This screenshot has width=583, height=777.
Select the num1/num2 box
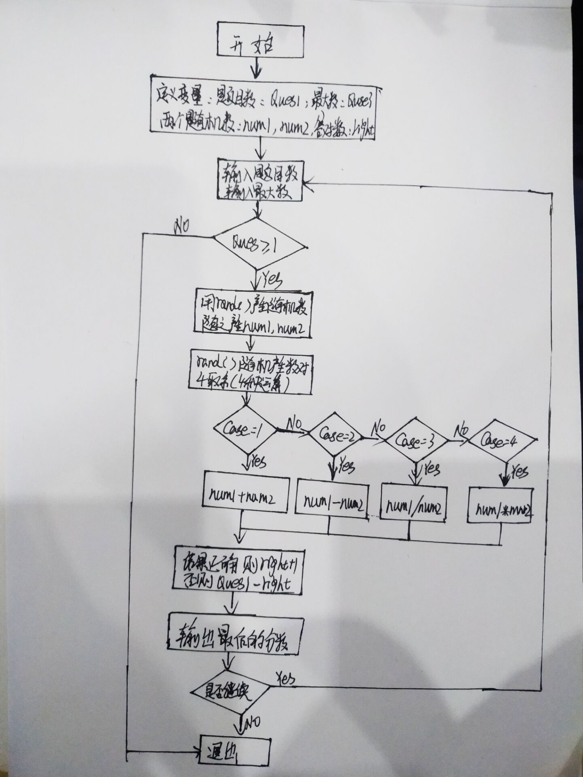point(413,506)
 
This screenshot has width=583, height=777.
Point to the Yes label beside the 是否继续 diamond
point(285,676)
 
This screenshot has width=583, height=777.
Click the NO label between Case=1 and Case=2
point(295,423)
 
